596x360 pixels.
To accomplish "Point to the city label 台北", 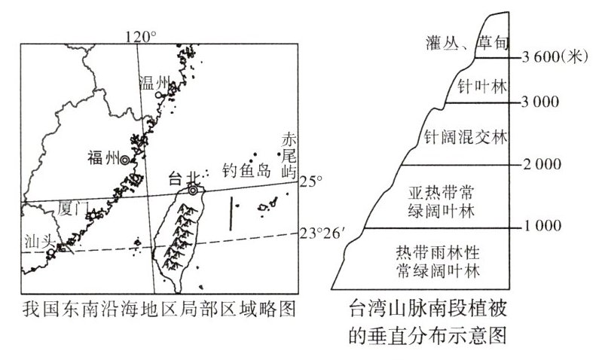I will (x=181, y=178).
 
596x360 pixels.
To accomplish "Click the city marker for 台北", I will (x=194, y=191).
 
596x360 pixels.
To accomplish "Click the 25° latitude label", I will (x=311, y=182).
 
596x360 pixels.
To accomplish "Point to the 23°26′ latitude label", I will (x=323, y=233).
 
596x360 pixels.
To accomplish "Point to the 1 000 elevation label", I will (x=542, y=226).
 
